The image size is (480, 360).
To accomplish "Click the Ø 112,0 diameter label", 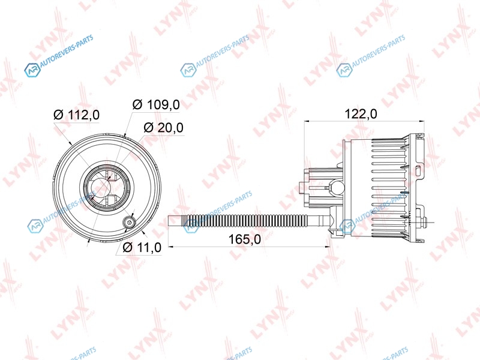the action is coord(77,115).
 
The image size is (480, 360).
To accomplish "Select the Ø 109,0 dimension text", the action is coord(156,104).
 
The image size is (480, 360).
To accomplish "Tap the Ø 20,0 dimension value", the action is coord(163,127).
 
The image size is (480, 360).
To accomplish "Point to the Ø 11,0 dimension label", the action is coord(142,247).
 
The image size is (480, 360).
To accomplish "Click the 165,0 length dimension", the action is coord(245,239).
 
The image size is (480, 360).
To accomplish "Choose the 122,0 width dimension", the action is coord(361,114).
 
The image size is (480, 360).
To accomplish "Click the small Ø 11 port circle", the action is coord(128,222).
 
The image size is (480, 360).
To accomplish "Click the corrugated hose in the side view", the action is coord(244,221).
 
